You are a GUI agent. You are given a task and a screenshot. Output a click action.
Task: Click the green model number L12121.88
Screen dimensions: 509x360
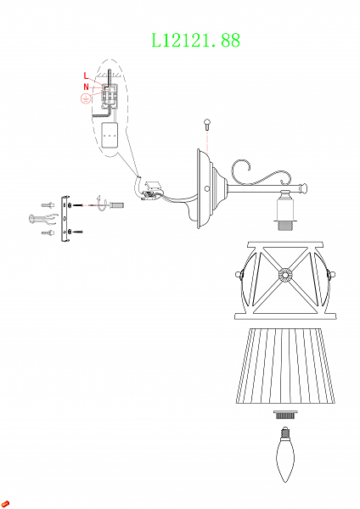tap(195, 40)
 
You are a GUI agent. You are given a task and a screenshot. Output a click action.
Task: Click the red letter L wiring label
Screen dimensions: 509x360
tap(86, 75)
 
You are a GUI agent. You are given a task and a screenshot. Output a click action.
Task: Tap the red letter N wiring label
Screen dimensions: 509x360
tap(86, 86)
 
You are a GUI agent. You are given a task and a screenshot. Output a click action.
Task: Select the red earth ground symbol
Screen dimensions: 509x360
tap(84, 99)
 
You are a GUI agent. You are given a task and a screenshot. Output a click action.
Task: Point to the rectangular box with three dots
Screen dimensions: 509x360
tap(110, 135)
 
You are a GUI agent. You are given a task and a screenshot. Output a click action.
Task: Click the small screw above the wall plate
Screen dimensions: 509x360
tap(207, 124)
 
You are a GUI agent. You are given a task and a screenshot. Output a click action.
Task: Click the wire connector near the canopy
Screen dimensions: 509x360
tap(151, 189)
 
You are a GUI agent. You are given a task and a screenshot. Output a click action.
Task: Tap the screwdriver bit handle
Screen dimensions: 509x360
tap(116, 206)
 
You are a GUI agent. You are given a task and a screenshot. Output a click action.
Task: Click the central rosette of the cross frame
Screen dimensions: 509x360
tap(283, 275)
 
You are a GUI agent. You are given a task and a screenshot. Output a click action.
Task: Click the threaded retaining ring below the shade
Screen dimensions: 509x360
tap(282, 416)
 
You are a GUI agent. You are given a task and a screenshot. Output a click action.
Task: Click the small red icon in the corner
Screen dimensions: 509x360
tap(6, 503)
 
